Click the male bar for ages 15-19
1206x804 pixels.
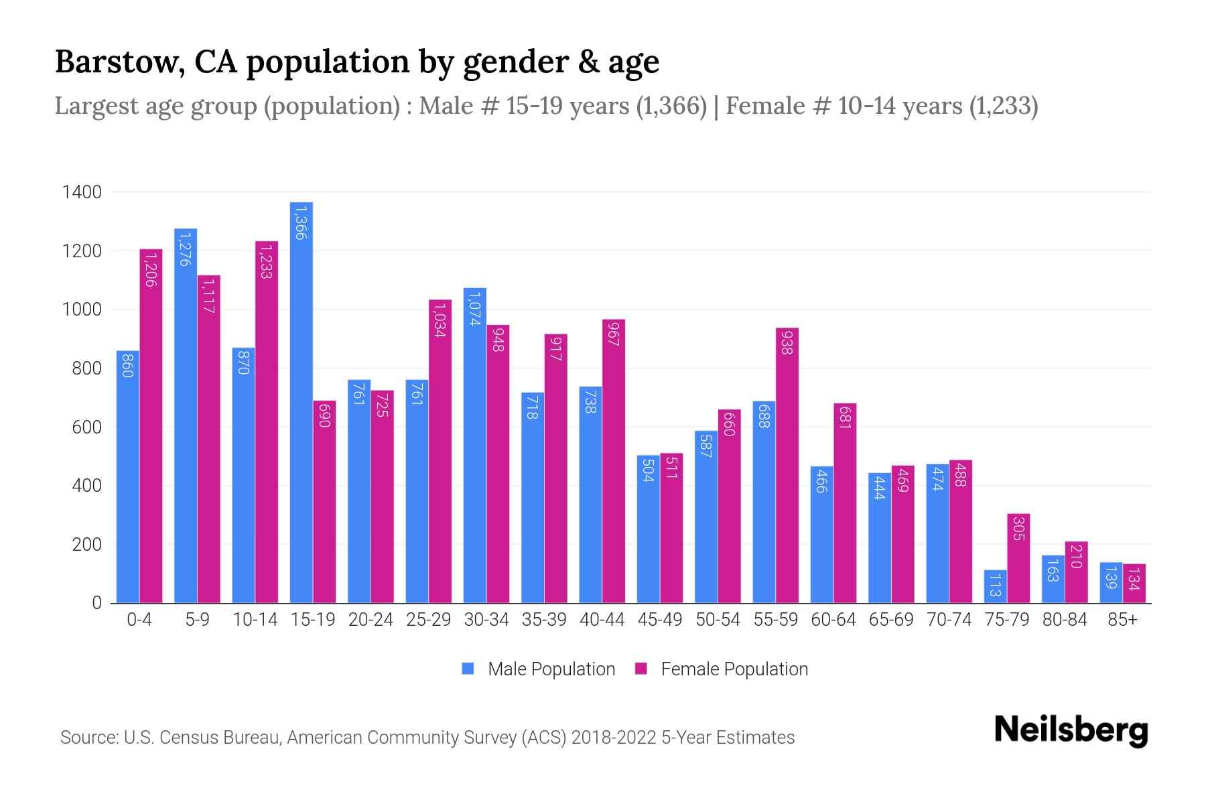pos(301,402)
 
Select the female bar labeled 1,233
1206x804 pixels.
pos(267,422)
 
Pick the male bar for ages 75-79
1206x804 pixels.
pos(995,586)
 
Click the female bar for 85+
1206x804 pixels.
pos(1134,583)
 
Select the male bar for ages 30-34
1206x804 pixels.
pos(474,446)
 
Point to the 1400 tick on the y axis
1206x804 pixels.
pos(82,192)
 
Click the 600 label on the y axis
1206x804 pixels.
pos(86,427)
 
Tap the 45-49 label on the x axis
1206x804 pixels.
pos(660,620)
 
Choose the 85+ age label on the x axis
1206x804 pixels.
pos(1122,620)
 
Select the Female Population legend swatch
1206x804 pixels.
pos(641,669)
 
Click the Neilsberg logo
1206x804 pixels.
pos(1071,730)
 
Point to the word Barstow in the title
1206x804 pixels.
pos(118,62)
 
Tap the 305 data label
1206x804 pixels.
pos(1018,529)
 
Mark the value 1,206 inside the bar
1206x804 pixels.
pos(151,270)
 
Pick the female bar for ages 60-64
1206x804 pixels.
pos(845,503)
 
